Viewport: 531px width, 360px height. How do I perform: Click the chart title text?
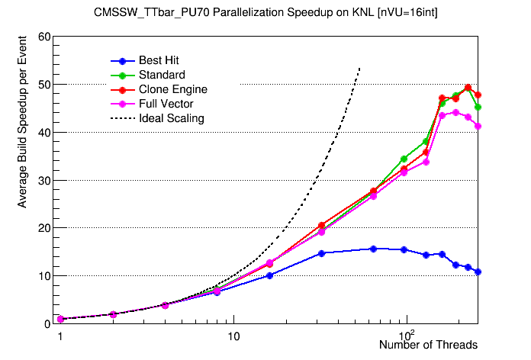265,13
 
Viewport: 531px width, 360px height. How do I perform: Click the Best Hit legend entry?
159,60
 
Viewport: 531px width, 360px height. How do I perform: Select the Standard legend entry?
162,75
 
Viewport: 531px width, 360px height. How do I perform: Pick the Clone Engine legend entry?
172,89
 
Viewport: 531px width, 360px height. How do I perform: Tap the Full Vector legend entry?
166,104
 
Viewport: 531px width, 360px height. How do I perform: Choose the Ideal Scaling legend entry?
171,118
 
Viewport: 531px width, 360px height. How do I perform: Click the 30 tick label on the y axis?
43,180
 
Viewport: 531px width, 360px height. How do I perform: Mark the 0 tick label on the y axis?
47,323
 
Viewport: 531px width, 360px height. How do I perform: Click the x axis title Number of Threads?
428,346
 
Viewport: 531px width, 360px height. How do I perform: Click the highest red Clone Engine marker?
468,88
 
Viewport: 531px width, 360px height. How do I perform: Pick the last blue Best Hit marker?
478,272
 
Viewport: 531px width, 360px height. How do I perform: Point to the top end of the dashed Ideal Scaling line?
359,68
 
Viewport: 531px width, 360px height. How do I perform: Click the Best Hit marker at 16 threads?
269,275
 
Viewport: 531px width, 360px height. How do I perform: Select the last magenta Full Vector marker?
478,126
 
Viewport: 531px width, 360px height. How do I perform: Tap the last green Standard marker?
478,107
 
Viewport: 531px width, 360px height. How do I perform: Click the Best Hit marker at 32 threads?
322,253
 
